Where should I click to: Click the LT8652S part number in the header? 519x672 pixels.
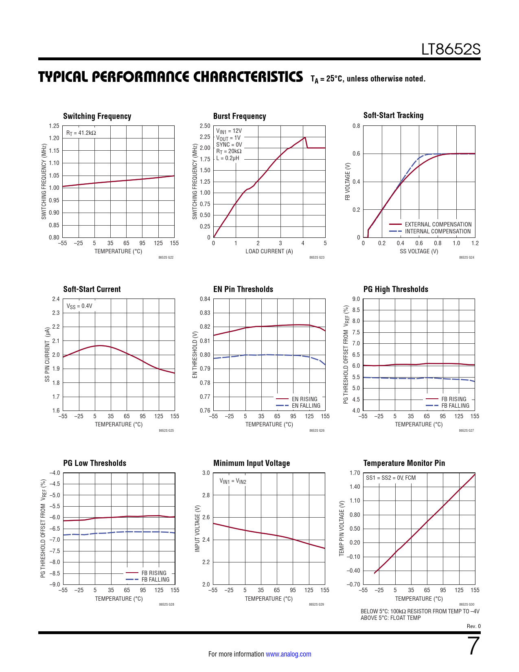coord(451,50)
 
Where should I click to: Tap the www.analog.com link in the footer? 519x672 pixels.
coord(288,654)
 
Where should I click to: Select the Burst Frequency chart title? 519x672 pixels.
coord(239,116)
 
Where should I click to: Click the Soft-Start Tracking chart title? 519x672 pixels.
coord(393,116)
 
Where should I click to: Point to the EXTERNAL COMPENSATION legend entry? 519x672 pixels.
coord(438,224)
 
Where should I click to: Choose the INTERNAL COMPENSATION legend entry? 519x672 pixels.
coord(438,231)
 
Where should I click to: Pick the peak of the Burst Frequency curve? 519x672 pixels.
coord(304,137)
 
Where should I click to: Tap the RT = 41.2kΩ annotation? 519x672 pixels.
coord(81,133)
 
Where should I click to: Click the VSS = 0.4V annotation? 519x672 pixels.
coord(79,306)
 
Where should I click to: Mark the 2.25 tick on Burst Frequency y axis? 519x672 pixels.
coord(205,137)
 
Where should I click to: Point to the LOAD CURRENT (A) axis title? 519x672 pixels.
coord(269,251)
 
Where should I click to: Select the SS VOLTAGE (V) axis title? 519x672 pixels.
coord(419,251)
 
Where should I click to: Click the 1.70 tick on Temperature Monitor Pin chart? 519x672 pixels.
coord(355,473)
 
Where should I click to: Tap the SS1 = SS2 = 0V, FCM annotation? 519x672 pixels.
coord(391,478)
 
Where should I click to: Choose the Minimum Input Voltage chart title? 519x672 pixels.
coord(252,463)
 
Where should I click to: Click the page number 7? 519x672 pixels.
coord(474,646)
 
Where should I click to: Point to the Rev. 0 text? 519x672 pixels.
coord(473,626)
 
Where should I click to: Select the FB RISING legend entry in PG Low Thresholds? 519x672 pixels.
coord(154,573)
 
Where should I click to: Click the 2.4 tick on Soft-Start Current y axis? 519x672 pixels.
coord(56,299)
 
